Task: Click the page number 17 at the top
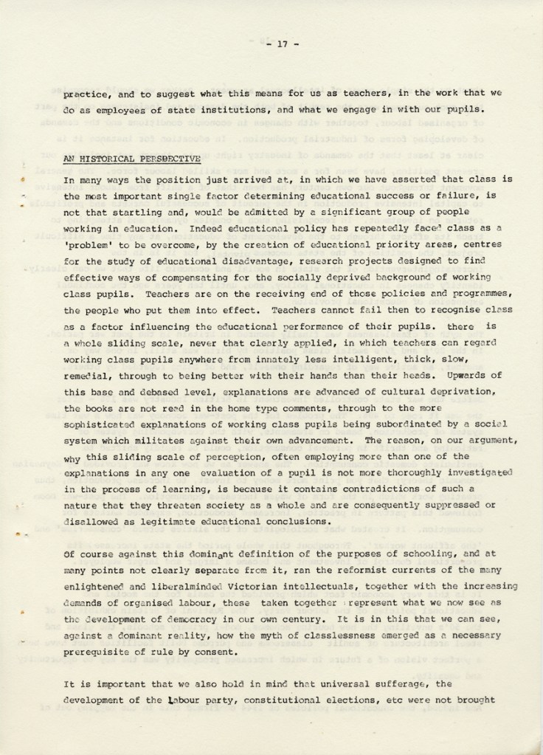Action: pyautogui.click(x=282, y=44)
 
